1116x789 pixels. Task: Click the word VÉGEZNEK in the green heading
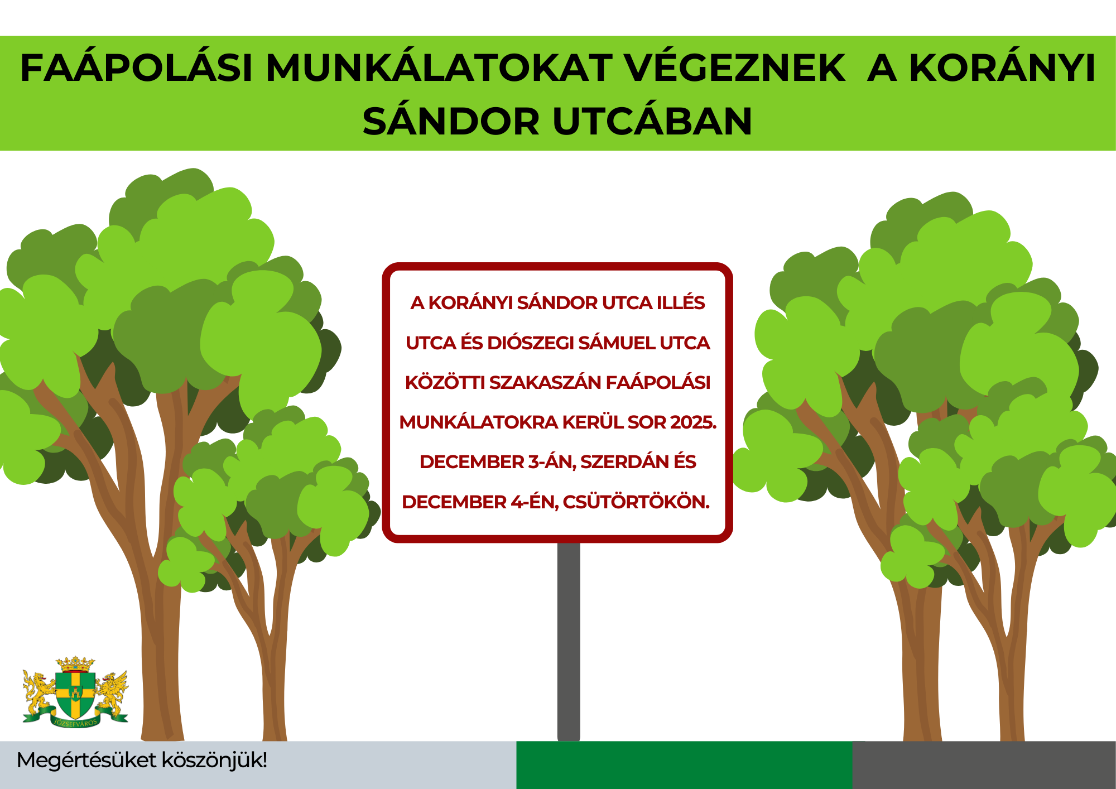(734, 68)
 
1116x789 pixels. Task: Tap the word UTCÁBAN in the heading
(652, 121)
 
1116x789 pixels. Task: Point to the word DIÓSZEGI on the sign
(532, 343)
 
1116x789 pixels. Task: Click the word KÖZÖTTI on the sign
(445, 383)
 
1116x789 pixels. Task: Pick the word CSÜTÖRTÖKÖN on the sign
(636, 502)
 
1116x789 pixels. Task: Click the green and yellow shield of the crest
(75, 695)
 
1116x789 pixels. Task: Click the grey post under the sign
(569, 642)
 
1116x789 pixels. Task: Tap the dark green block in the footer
(685, 765)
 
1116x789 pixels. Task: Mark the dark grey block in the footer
(984, 765)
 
